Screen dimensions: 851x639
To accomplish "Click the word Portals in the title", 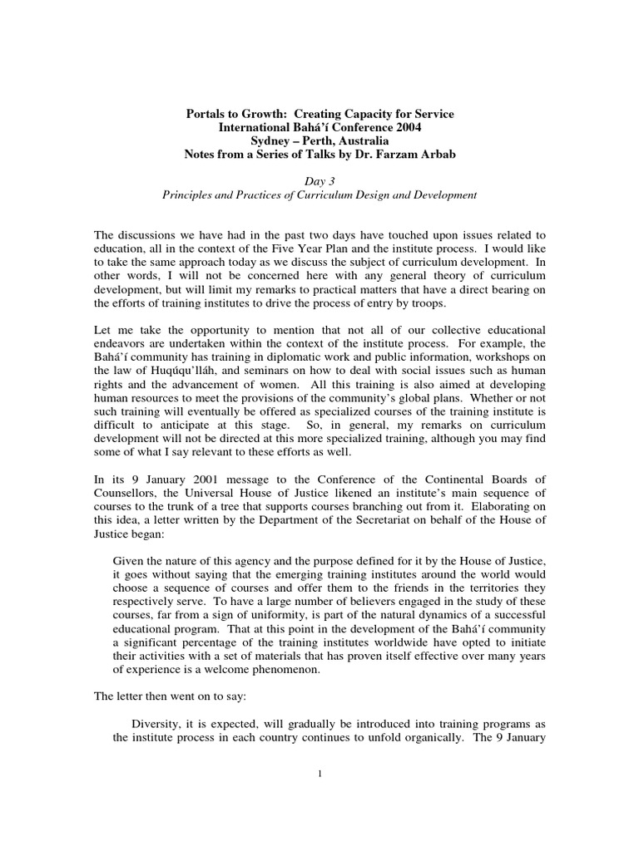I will (207, 113).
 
